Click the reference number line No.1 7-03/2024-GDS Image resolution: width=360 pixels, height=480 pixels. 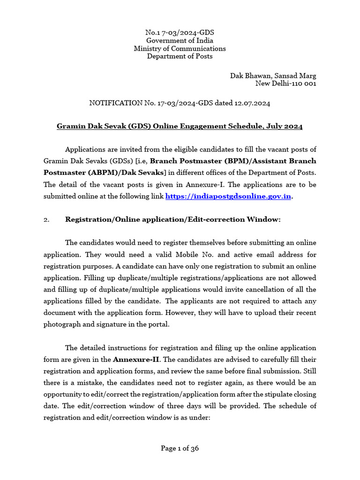[x=180, y=32]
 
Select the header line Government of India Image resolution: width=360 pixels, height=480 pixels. [x=180, y=40]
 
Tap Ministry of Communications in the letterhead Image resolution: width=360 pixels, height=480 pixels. [x=180, y=48]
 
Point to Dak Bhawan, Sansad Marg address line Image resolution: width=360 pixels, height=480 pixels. [x=273, y=75]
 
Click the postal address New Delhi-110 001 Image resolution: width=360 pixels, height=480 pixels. [x=285, y=83]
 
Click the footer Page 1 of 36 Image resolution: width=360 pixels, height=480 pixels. [x=180, y=448]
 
